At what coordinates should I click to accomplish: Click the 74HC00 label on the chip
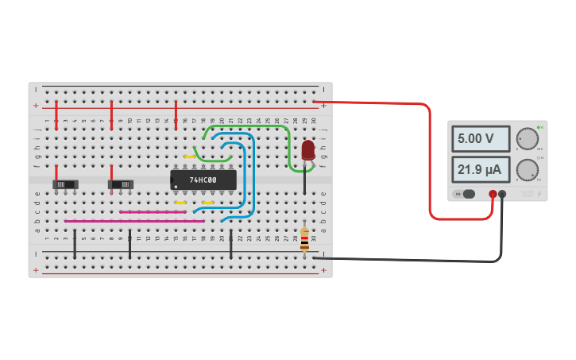[203, 180]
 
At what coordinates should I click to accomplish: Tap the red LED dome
[308, 149]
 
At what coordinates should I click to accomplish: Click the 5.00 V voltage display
[480, 139]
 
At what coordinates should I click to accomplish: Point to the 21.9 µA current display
[480, 170]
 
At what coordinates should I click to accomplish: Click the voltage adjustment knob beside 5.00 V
[526, 138]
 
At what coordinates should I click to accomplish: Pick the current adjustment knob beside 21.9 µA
[526, 169]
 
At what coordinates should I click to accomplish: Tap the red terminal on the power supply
[493, 194]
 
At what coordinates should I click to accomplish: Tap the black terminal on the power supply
[502, 194]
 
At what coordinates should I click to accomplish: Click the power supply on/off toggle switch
[466, 194]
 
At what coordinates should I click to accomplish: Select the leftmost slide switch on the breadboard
[65, 184]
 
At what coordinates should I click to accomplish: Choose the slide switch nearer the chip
[121, 184]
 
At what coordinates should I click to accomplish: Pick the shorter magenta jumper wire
[153, 212]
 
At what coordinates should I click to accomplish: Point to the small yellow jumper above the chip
[189, 157]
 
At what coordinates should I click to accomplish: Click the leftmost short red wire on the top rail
[56, 114]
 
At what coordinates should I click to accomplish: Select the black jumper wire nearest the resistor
[231, 245]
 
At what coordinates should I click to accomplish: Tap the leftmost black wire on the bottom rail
[75, 244]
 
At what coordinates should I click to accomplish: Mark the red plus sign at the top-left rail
[35, 106]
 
